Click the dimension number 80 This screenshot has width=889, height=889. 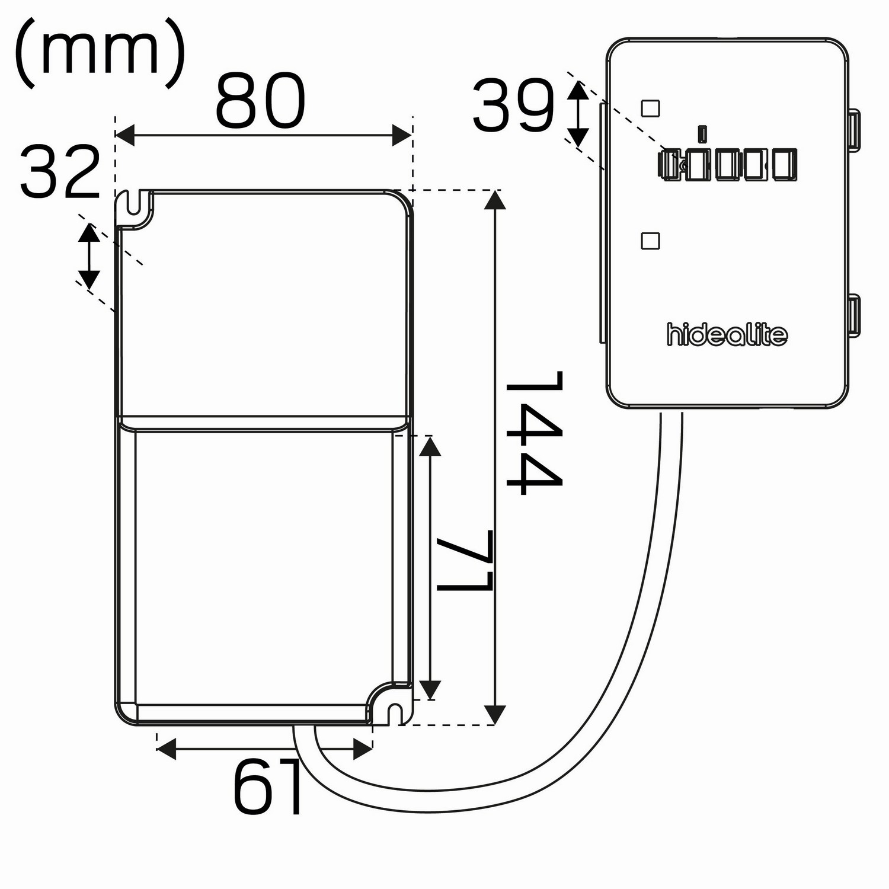click(x=260, y=102)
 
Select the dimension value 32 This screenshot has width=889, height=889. click(x=60, y=172)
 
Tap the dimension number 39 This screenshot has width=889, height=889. click(x=514, y=107)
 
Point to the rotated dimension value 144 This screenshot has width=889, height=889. click(x=533, y=433)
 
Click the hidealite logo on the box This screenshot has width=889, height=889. click(x=727, y=335)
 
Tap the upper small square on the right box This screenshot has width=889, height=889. click(x=651, y=108)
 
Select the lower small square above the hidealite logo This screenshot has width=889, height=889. click(x=651, y=241)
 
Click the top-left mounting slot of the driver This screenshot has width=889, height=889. click(x=135, y=204)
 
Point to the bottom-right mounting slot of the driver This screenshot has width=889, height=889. click(x=393, y=710)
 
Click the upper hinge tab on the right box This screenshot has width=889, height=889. click(x=854, y=129)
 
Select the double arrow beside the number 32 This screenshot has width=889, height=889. click(x=89, y=255)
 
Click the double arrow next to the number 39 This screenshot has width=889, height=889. click(x=578, y=114)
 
